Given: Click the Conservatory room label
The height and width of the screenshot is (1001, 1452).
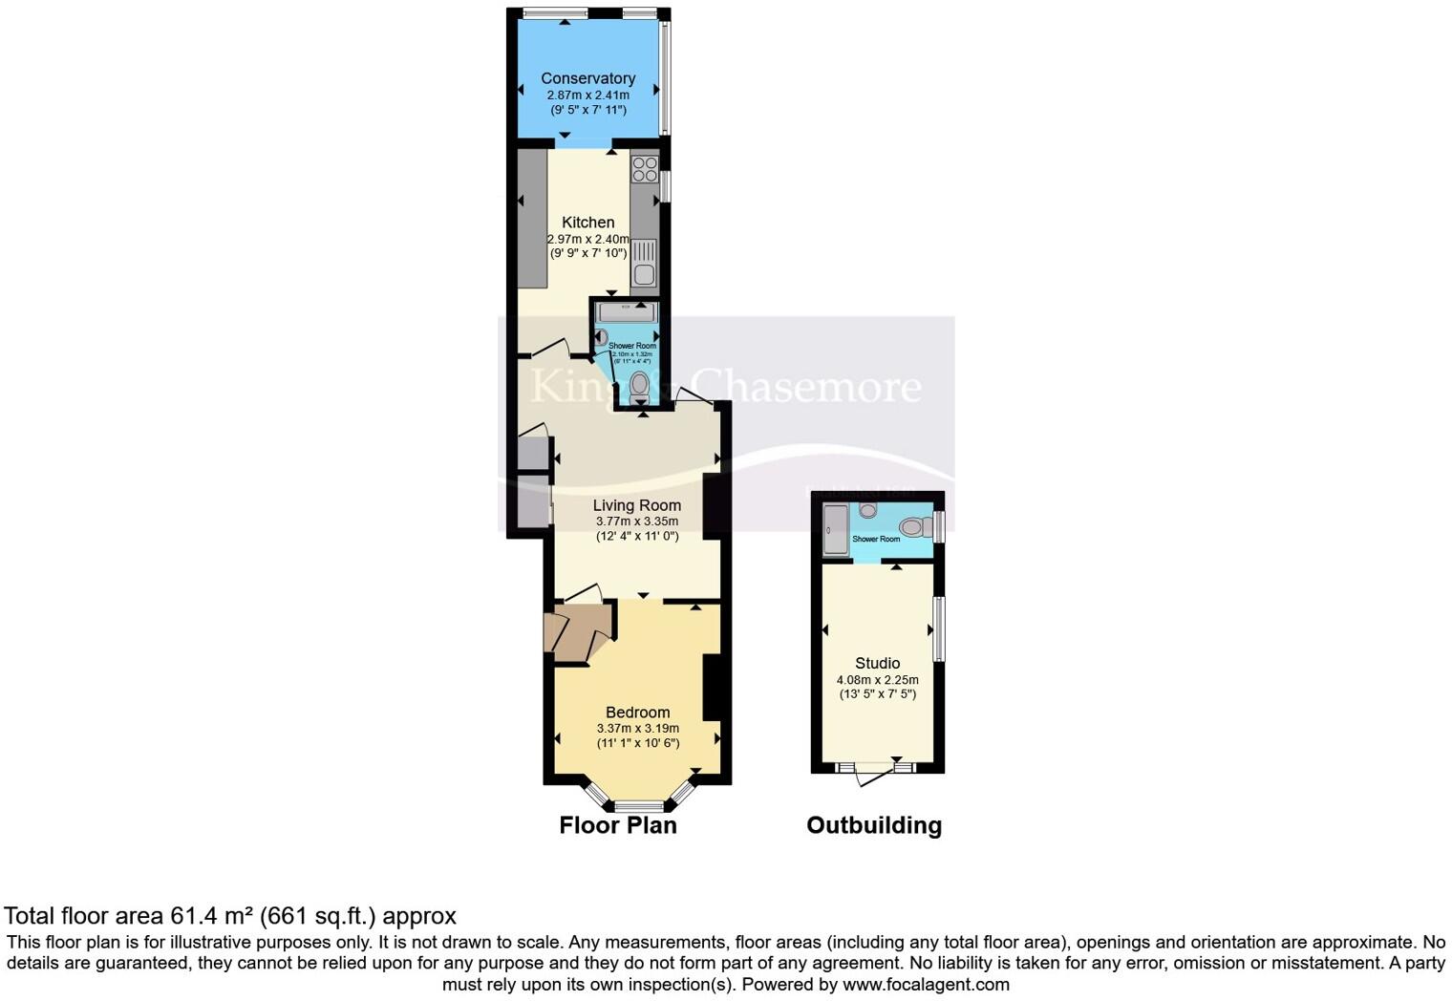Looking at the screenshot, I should click(587, 78).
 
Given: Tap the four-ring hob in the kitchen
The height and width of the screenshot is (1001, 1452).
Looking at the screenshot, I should click(645, 169).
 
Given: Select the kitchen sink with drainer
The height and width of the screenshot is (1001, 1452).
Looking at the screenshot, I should click(645, 263).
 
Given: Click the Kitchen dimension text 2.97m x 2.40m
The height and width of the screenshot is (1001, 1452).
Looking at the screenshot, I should click(587, 239).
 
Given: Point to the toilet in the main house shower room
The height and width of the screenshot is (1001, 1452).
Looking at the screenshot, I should click(640, 386).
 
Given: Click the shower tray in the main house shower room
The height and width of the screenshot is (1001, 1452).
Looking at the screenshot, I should click(626, 312).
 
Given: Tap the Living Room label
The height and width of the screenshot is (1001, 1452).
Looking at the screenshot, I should click(636, 505).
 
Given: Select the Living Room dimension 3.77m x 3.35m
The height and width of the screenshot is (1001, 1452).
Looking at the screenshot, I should click(636, 522).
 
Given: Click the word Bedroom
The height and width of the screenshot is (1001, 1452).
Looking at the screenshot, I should click(637, 713).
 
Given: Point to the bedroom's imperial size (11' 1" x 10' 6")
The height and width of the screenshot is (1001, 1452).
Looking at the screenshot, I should click(637, 743).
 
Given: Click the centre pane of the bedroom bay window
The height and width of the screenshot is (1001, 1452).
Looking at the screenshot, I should click(638, 805).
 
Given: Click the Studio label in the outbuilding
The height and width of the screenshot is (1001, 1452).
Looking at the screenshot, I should click(877, 663).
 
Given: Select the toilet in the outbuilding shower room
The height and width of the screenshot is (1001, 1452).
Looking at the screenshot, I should click(912, 526).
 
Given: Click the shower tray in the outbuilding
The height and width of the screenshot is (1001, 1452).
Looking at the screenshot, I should click(835, 530).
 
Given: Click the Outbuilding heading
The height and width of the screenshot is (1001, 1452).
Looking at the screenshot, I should click(873, 825).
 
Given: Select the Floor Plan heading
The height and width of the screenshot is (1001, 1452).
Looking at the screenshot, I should click(617, 825).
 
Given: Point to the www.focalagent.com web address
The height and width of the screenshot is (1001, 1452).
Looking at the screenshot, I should click(925, 984).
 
